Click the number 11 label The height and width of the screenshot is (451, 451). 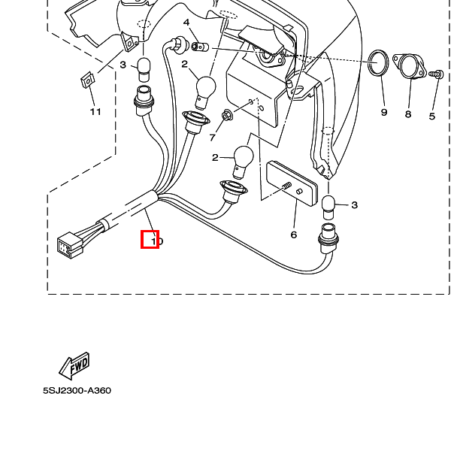coord(95,112)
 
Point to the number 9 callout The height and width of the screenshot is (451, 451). coord(383,112)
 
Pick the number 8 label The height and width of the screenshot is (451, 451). coord(408,114)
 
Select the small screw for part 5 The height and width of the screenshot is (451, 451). coord(434,74)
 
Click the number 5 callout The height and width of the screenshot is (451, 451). coord(432,116)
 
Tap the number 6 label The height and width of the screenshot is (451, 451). coord(294,235)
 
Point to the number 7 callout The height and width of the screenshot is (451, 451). coord(213,138)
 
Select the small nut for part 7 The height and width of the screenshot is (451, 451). coord(225,116)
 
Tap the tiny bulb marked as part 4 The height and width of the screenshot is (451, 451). coord(200,47)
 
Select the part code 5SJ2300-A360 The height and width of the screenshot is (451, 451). coord(77,391)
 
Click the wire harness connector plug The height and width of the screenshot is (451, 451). coord(69,244)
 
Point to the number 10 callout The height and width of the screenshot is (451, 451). coord(156,241)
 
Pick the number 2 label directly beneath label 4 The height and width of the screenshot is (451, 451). coord(184,65)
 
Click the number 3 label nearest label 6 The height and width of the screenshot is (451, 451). coord(354,204)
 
